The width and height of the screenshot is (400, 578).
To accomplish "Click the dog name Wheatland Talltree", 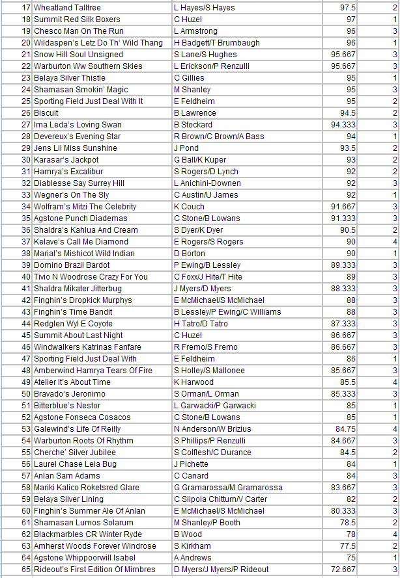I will pyautogui.click(x=67, y=8).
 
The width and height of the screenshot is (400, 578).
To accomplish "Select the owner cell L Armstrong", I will pyautogui.click(x=195, y=31).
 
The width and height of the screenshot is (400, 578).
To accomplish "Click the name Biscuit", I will pyautogui.click(x=47, y=113).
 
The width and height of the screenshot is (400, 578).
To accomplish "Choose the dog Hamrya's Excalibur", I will pyautogui.click(x=66, y=172).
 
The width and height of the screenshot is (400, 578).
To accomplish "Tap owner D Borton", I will pyautogui.click(x=190, y=254).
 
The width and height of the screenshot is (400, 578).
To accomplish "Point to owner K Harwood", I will pyautogui.click(x=193, y=382).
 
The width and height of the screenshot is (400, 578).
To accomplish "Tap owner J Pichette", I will pyautogui.click(x=192, y=464).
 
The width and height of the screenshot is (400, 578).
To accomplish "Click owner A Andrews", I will pyautogui.click(x=192, y=558).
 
